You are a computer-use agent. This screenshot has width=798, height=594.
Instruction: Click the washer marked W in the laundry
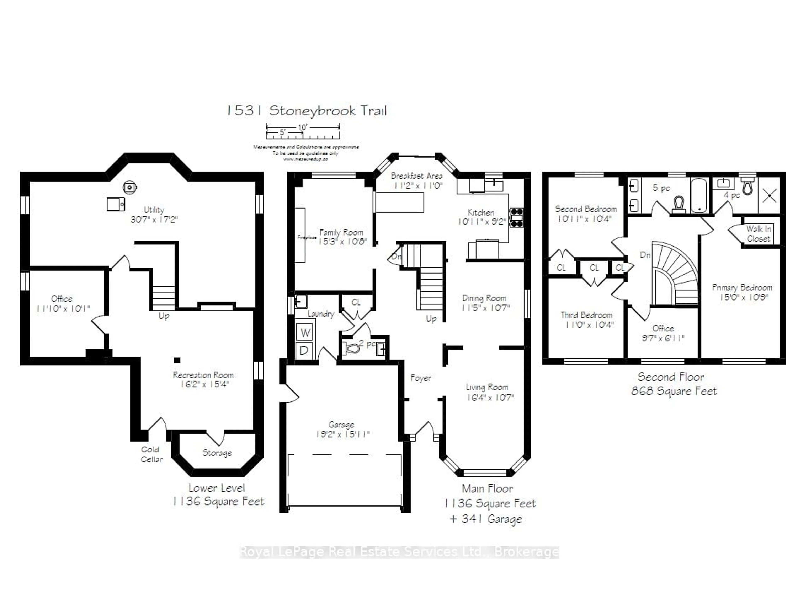coord(305,332)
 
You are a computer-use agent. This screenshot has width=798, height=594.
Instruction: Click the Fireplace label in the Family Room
coord(307,237)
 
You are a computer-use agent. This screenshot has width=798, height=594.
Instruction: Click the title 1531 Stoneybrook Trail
coord(307,111)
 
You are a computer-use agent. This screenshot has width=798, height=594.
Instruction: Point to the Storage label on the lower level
coord(217,453)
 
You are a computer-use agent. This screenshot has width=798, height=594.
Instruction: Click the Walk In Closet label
coord(758,234)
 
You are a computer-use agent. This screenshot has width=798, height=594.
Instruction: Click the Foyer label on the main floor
coord(421,378)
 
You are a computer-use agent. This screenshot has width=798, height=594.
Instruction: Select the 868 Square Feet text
coord(674,391)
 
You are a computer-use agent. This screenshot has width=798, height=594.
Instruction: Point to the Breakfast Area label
coord(416,176)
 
